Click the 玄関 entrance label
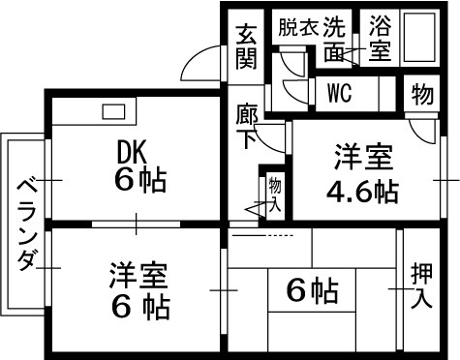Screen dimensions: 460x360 (x=246, y=45)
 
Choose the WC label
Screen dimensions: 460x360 (x=339, y=93)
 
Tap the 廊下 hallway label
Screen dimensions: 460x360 (x=246, y=127)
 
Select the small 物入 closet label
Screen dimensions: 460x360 (x=274, y=193)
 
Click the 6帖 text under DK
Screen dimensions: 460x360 (x=139, y=180)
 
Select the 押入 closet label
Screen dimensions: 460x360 (x=421, y=285)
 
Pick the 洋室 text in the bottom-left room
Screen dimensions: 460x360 (x=138, y=276)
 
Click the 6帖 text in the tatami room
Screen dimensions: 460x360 (x=310, y=289)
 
